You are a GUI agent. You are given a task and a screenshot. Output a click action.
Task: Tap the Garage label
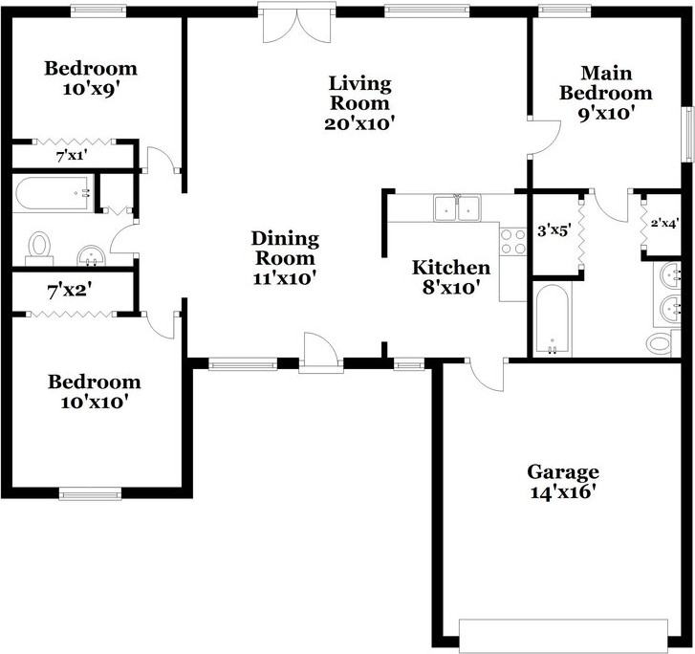[x=563, y=472]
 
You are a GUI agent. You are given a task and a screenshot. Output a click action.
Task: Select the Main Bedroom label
[x=605, y=83]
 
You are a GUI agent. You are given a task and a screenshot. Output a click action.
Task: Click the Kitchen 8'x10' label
[x=450, y=276]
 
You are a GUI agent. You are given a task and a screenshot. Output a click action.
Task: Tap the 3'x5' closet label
[x=554, y=230]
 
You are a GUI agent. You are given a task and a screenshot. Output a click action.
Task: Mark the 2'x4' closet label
[x=665, y=224]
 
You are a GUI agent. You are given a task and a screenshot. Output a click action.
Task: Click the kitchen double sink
[x=457, y=208]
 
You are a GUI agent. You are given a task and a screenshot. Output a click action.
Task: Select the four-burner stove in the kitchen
[x=513, y=240]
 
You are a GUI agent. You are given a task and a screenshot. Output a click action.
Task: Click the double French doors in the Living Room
[x=297, y=24]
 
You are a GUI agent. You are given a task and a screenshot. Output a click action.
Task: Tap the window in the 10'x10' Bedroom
[x=89, y=493]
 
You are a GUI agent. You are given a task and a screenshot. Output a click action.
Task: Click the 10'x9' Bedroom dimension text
[x=90, y=87]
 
